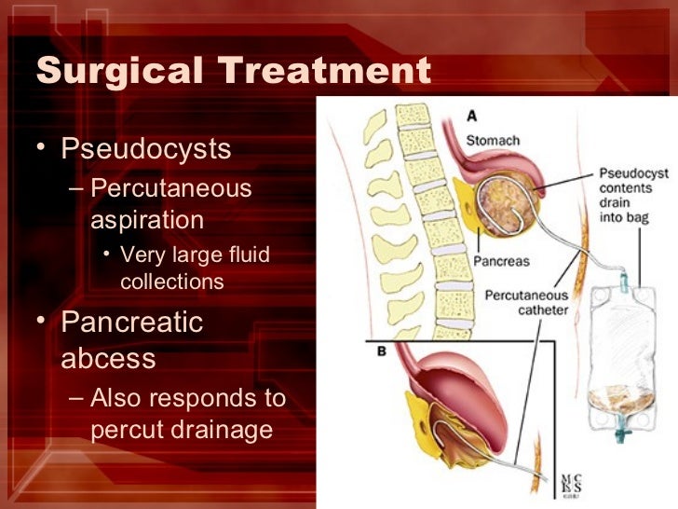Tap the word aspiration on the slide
click(147, 220)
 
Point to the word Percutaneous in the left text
click(171, 187)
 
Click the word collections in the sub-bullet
click(172, 281)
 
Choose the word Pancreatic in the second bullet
click(132, 323)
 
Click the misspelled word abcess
click(108, 359)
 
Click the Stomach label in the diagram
click(493, 141)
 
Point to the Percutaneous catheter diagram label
click(525, 302)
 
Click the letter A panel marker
click(472, 117)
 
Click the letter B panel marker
click(382, 353)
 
